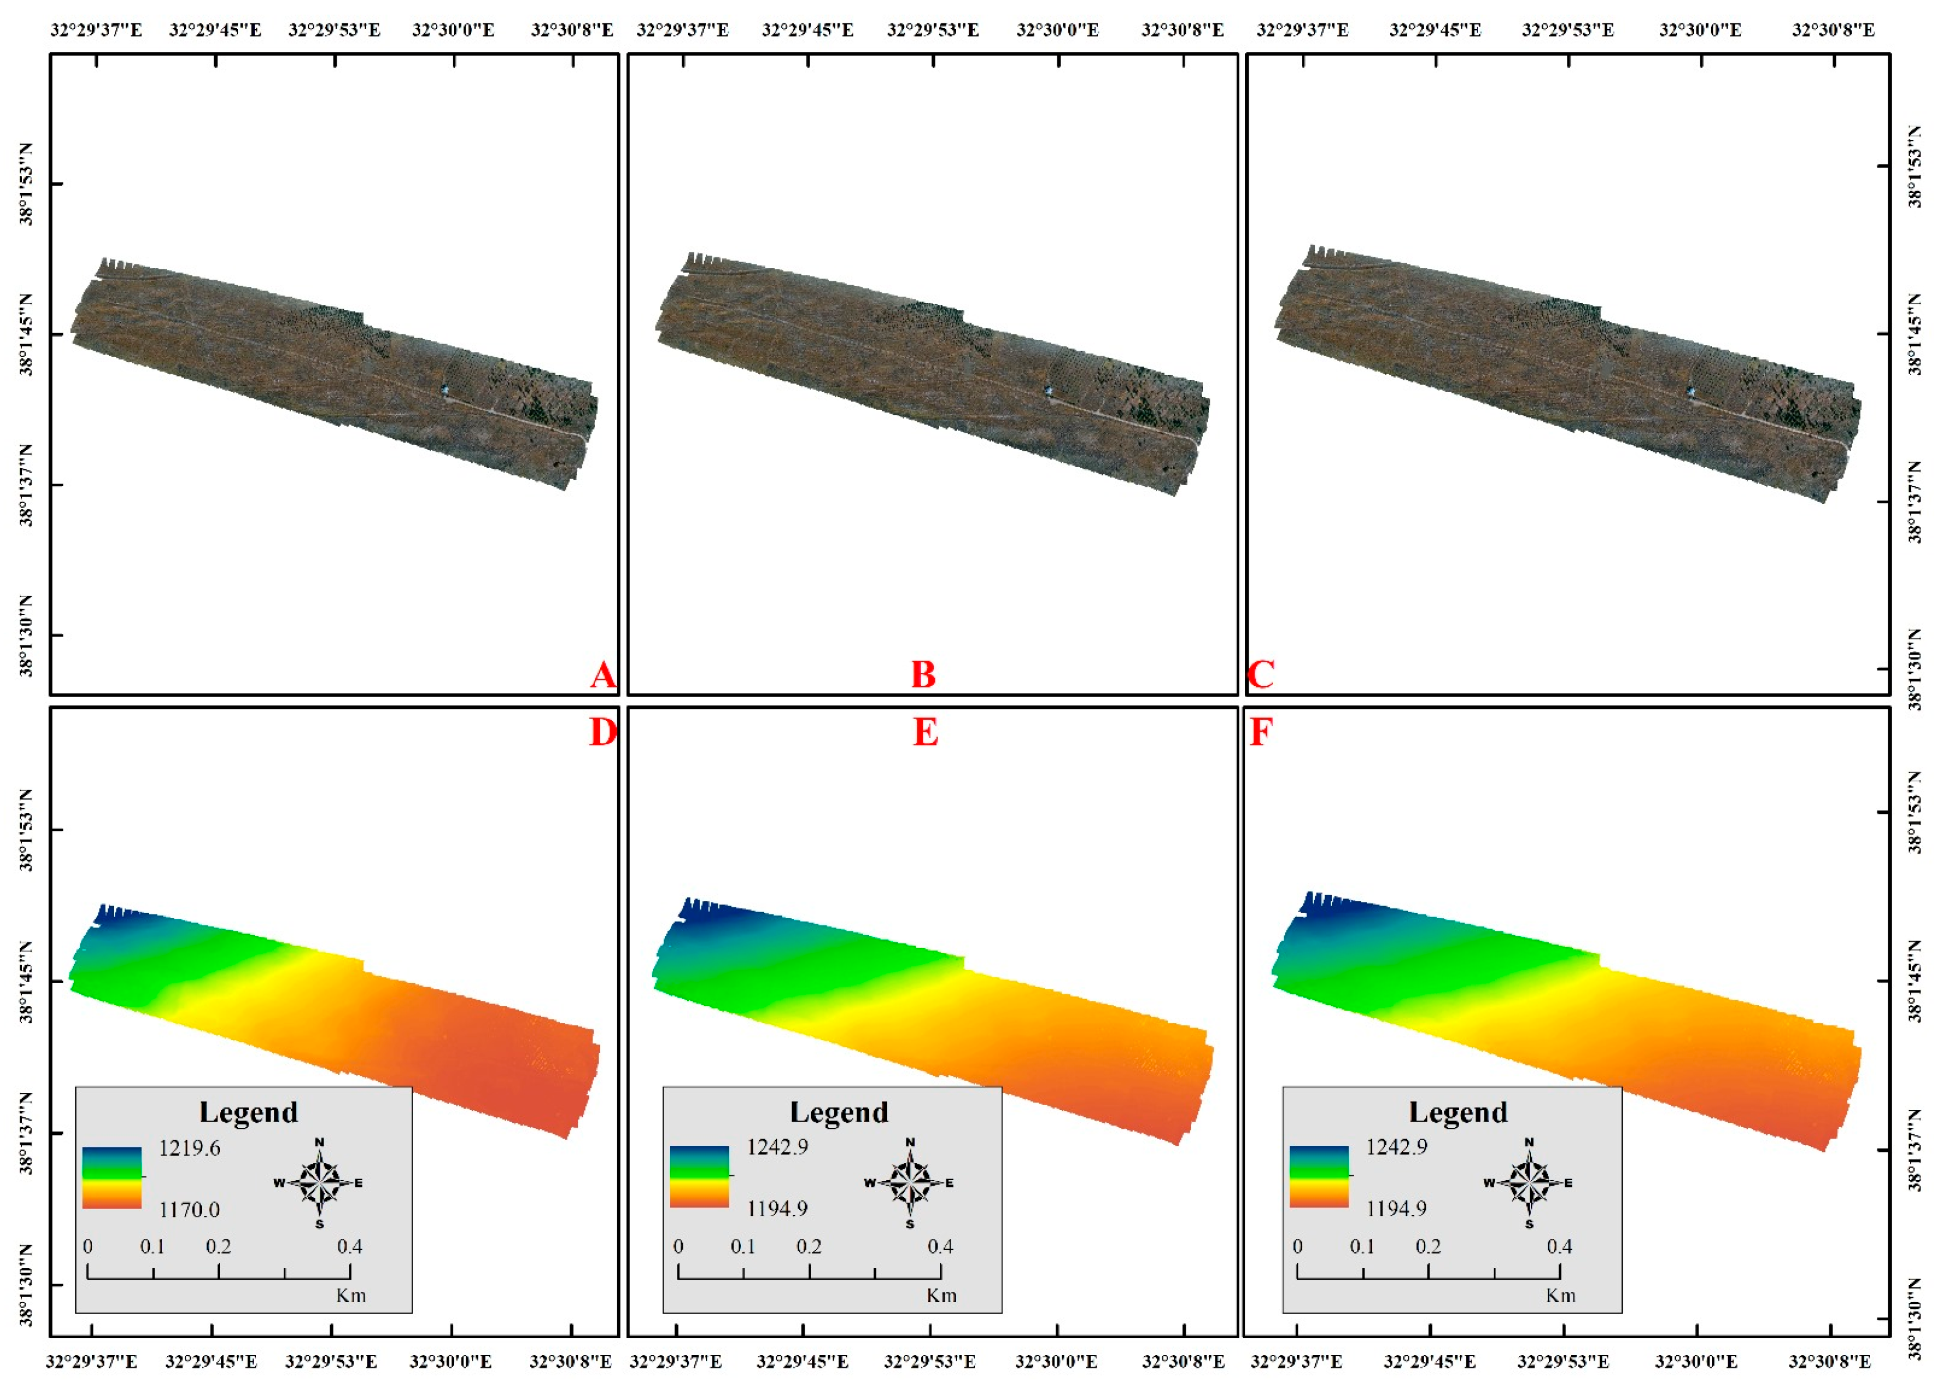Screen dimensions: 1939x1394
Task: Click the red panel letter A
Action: pyautogui.click(x=603, y=675)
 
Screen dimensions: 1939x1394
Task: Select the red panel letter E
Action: pyautogui.click(x=925, y=732)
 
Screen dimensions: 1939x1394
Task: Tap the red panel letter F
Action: pyautogui.click(x=1261, y=732)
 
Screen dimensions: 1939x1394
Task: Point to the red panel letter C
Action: pyautogui.click(x=1261, y=675)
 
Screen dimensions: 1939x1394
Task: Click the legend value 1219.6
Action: pyautogui.click(x=189, y=1148)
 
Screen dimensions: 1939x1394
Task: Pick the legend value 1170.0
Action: pyautogui.click(x=189, y=1210)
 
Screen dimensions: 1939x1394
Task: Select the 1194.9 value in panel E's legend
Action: pyautogui.click(x=777, y=1208)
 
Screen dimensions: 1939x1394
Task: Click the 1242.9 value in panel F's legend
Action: pyautogui.click(x=1396, y=1146)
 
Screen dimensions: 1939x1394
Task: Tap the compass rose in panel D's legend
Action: pyautogui.click(x=320, y=1183)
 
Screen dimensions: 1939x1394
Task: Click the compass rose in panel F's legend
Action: pyautogui.click(x=1529, y=1183)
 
